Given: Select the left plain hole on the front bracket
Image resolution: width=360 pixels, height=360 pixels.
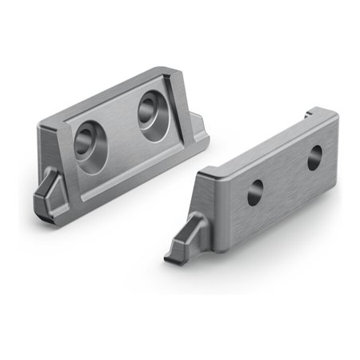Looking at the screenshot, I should coord(255,191).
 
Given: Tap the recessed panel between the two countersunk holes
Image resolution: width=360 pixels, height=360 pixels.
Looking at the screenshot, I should coord(119,127).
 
